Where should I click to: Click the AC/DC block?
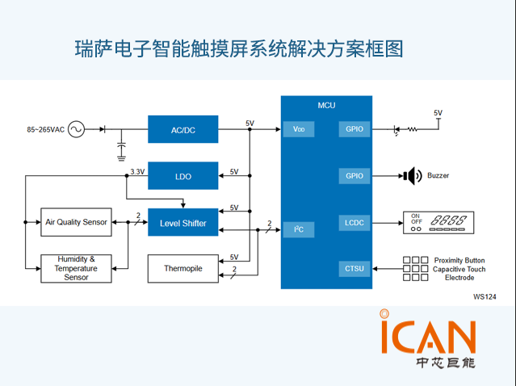[x=183, y=129]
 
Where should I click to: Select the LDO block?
[x=183, y=175]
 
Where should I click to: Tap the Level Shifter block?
[x=183, y=222]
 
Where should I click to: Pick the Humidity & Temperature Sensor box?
[x=76, y=268]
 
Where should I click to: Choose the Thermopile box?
[x=183, y=268]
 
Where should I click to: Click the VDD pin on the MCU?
[x=298, y=129]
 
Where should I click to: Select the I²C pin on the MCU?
[x=298, y=229]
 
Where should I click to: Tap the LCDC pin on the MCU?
[x=354, y=221]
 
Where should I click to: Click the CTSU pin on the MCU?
[x=354, y=268]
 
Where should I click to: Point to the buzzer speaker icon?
[x=413, y=175]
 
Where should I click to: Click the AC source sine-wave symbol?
[x=77, y=129]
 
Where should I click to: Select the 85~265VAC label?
[x=45, y=129]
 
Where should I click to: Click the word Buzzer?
[x=438, y=175]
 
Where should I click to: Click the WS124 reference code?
[x=485, y=296]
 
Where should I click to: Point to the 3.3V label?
[x=137, y=171]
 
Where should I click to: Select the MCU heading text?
[x=326, y=105]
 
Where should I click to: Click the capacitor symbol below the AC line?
[x=121, y=146]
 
